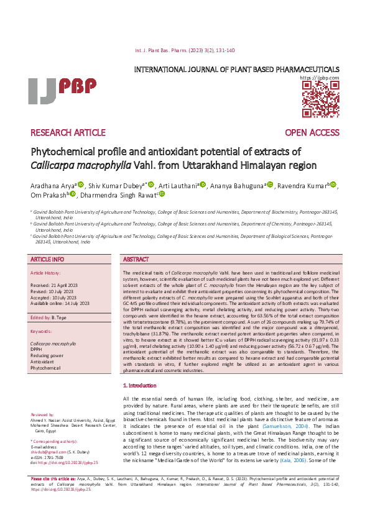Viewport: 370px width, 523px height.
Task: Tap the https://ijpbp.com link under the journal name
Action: click(x=320, y=78)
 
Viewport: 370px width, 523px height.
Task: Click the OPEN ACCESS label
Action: click(x=312, y=133)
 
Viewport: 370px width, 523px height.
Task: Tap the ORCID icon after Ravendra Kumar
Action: click(x=333, y=184)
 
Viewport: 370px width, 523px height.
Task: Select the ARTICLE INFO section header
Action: click(x=47, y=259)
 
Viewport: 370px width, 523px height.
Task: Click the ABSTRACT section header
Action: click(x=136, y=259)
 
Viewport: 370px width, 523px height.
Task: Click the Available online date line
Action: click(x=60, y=303)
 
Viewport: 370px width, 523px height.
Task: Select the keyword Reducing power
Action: click(x=47, y=356)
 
